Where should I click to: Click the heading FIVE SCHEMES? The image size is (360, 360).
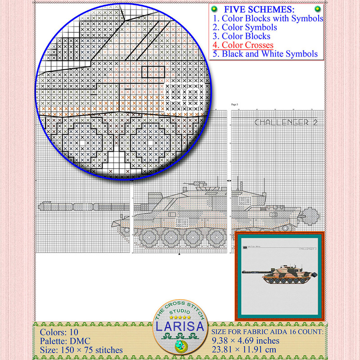point(266,9)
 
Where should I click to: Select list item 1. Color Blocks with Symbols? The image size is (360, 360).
point(268,19)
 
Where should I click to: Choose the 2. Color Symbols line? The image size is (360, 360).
point(245,27)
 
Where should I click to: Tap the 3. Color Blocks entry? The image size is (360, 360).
point(242,36)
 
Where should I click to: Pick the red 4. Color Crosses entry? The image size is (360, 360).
point(243,45)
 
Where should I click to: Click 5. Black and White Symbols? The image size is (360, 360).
point(265,54)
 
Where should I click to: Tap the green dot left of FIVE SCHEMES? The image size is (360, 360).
point(215,9)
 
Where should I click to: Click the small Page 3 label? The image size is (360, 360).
point(234,104)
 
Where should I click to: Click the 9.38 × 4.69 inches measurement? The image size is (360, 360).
point(247,341)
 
